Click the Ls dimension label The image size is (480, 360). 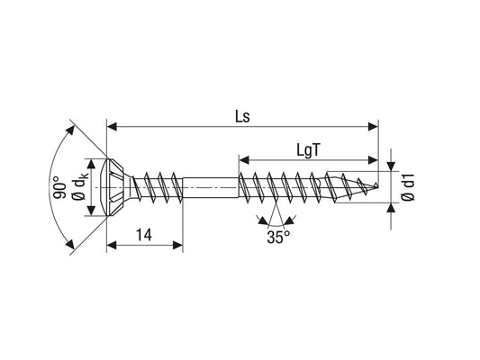(242, 116)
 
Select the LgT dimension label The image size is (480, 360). (308, 150)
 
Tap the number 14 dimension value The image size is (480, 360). (143, 235)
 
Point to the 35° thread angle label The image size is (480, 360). (278, 238)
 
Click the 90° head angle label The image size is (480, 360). (60, 187)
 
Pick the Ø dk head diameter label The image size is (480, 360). (80, 185)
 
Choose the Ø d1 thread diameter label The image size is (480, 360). (408, 187)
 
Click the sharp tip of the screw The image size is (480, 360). (377, 185)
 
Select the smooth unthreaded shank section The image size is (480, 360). (211, 187)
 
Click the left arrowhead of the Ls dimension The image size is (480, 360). (112, 126)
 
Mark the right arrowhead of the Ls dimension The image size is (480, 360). (373, 126)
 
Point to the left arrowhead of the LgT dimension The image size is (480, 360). (244, 159)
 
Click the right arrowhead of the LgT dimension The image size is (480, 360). (373, 159)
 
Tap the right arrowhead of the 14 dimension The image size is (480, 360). (177, 245)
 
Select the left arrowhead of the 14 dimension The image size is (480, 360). (112, 245)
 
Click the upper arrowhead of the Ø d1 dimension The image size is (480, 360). (391, 166)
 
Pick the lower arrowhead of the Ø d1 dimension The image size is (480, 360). (391, 208)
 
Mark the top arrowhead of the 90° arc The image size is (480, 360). (70, 130)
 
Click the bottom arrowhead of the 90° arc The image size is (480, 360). (70, 245)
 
